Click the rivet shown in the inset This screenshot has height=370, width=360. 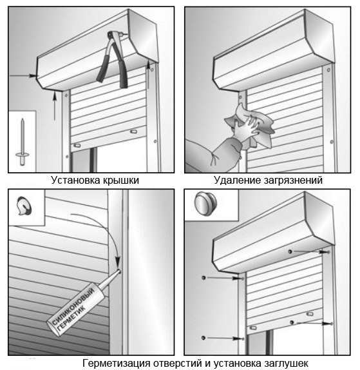[23, 142]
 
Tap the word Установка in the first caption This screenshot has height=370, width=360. [75, 180]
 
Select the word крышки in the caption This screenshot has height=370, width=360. [120, 180]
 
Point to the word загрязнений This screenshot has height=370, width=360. [293, 180]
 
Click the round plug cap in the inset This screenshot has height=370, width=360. [205, 203]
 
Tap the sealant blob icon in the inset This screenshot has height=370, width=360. [24, 206]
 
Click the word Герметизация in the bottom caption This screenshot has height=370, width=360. [117, 363]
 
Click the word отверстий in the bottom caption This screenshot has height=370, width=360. [177, 363]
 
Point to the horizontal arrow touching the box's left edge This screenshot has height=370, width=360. [23, 76]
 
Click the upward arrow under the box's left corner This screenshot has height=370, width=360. [55, 106]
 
